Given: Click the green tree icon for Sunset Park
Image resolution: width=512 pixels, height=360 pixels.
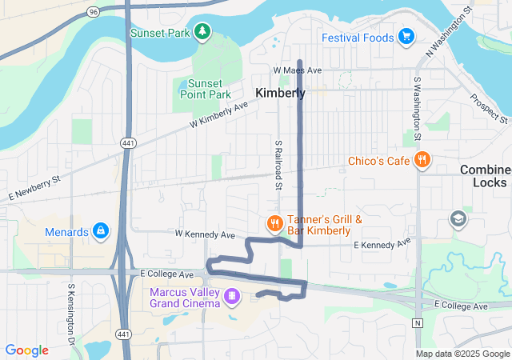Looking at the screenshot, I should (x=203, y=30).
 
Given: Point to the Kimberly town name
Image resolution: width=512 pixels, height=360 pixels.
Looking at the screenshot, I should (x=280, y=94).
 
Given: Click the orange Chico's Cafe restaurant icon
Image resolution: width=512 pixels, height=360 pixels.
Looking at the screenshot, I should (x=422, y=161).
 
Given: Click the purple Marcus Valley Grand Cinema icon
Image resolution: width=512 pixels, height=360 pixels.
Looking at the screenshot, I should (x=231, y=297).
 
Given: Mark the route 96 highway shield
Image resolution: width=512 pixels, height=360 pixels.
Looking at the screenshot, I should (x=94, y=12).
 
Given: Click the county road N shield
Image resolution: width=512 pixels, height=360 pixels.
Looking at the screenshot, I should (x=417, y=323).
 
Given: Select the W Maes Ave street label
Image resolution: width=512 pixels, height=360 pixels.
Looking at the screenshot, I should (x=297, y=70).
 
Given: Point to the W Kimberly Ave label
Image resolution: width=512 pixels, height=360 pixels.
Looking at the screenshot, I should (x=218, y=115).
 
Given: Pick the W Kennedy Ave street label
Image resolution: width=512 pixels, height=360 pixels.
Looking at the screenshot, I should (x=205, y=234).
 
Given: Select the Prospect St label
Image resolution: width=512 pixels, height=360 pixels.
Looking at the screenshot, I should (x=489, y=110).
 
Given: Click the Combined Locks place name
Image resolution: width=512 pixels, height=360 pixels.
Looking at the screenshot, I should (x=486, y=176).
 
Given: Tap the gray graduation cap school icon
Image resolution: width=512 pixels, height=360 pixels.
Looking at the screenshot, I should (x=458, y=218).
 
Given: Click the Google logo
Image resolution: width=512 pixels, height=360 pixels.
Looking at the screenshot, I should (x=26, y=350).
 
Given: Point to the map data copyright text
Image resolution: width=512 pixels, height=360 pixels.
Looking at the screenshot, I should (x=462, y=354).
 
